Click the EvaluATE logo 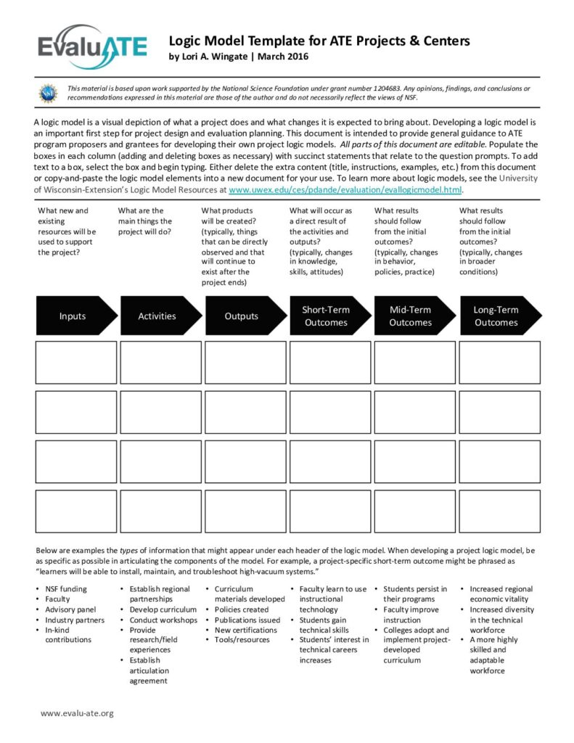coord(92,48)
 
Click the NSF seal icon coord(48,93)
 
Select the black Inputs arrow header coord(75,316)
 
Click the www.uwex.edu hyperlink coord(345,189)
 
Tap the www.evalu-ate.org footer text coord(77,713)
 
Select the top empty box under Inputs coord(76,362)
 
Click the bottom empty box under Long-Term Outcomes coord(499,511)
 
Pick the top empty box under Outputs coord(245,362)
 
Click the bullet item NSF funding coord(65,589)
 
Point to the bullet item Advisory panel coord(70,609)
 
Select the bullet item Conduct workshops coord(163,620)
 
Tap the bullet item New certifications coord(245,630)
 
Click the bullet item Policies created coord(241,609)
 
